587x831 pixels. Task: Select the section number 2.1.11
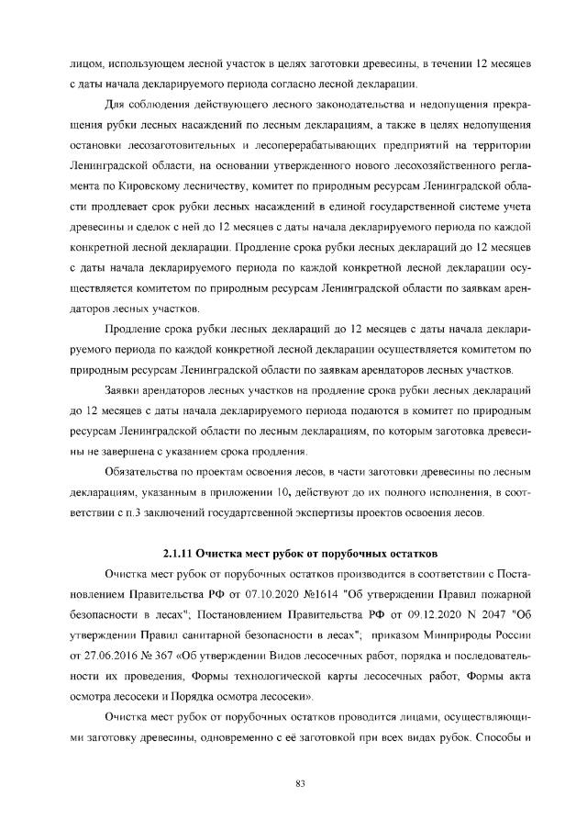pyautogui.click(x=183, y=553)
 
